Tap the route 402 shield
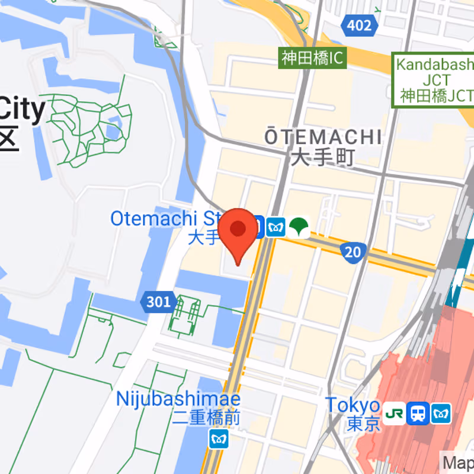pyautogui.click(x=360, y=25)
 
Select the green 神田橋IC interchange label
pyautogui.click(x=313, y=58)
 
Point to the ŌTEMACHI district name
pyautogui.click(x=323, y=137)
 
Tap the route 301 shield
pyautogui.click(x=158, y=302)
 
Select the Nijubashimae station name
pyautogui.click(x=178, y=398)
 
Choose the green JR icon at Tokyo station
pyautogui.click(x=395, y=413)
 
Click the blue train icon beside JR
pyautogui.click(x=419, y=413)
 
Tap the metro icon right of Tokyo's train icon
pyautogui.click(x=441, y=413)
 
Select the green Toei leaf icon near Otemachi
pyautogui.click(x=300, y=226)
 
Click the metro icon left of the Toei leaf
pyautogui.click(x=276, y=226)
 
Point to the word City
pyautogui.click(x=22, y=110)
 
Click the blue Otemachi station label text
pyautogui.click(x=166, y=219)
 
